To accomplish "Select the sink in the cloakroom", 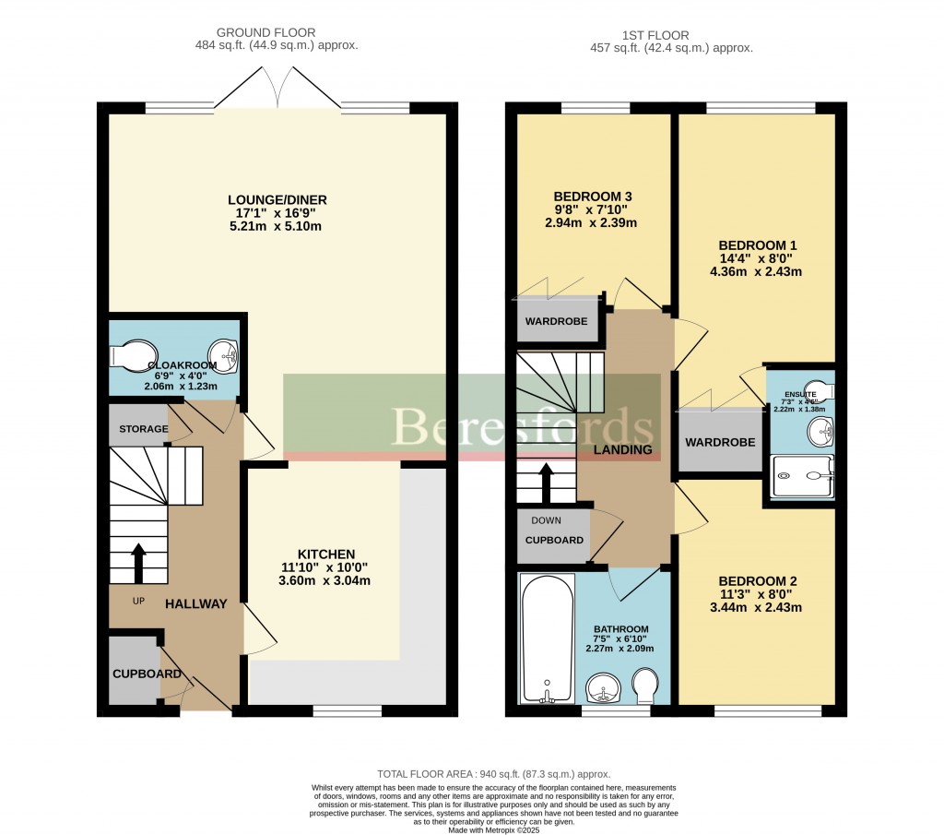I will (x=224, y=353).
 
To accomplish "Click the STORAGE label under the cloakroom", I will (x=143, y=429).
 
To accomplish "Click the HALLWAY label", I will (x=195, y=603).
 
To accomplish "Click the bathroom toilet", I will (x=647, y=684).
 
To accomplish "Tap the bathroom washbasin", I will (x=603, y=687).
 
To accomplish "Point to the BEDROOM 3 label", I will (x=592, y=197).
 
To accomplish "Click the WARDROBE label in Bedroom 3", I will (x=551, y=322).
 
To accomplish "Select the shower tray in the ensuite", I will (x=802, y=476).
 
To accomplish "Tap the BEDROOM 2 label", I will (x=757, y=580).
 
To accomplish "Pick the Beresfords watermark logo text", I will (x=522, y=426).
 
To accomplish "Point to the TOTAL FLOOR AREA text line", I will (x=493, y=774).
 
